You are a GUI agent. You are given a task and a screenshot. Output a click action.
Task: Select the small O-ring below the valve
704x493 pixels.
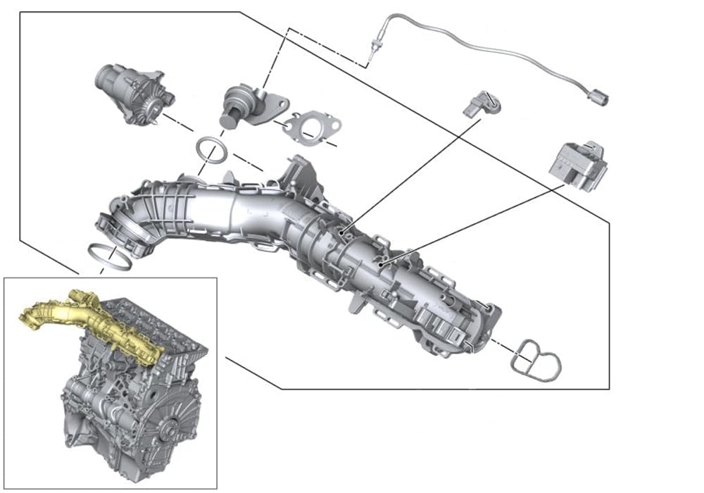211,149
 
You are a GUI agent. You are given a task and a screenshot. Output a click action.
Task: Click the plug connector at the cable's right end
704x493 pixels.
597,96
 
